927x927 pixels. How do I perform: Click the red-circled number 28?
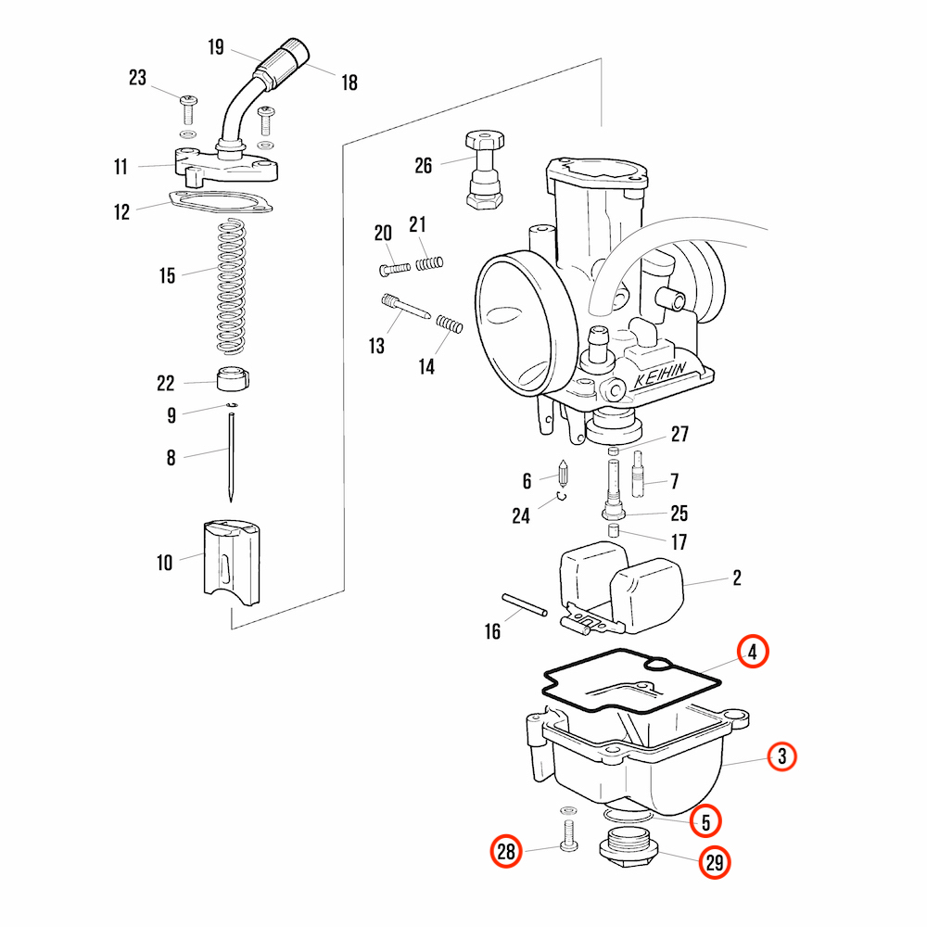(x=506, y=851)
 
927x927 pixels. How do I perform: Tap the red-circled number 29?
(x=714, y=862)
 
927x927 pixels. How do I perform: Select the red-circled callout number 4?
(x=753, y=652)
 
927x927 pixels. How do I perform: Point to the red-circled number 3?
(x=782, y=756)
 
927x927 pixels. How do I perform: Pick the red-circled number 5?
(x=705, y=821)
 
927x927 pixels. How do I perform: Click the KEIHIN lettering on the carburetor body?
(x=660, y=375)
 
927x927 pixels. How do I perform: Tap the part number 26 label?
(x=424, y=166)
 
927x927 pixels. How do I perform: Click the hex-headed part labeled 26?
(x=485, y=170)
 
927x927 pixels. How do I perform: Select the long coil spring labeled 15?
(x=231, y=286)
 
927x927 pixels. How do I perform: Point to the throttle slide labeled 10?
(x=231, y=563)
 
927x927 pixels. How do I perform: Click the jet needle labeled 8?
(x=231, y=457)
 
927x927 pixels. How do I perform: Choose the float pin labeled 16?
(x=525, y=604)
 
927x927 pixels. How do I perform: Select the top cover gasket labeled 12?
(x=220, y=201)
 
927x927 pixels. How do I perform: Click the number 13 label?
(x=376, y=346)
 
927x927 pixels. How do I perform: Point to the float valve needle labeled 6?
(x=563, y=474)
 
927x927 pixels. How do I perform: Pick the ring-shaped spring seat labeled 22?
(x=233, y=379)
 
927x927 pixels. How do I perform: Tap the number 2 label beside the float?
(x=737, y=578)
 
